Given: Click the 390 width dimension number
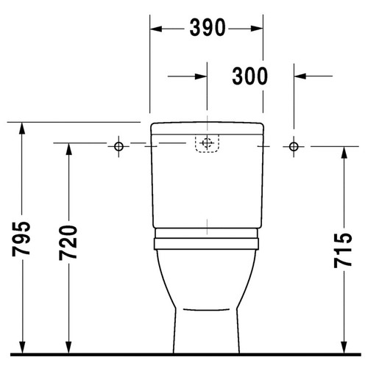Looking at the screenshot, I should point(208,28).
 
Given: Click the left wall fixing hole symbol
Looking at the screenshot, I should point(118,145).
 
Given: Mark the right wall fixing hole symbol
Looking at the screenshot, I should point(294,145).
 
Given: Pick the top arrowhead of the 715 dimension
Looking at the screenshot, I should point(344,152).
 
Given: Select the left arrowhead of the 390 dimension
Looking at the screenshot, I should point(156,28).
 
